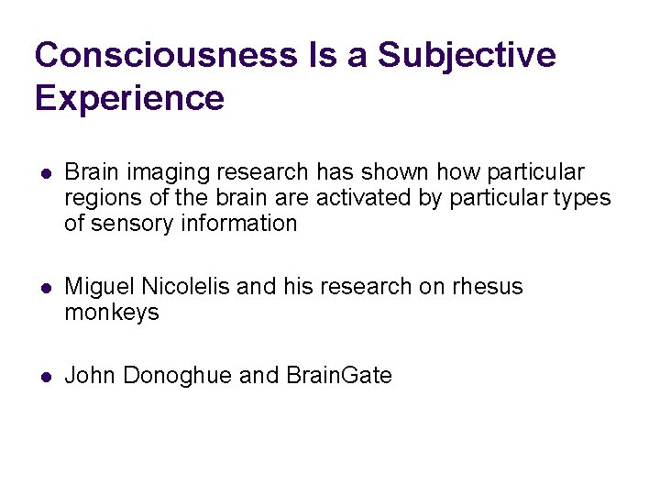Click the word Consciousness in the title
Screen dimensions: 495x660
point(166,55)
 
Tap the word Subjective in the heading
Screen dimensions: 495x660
point(467,55)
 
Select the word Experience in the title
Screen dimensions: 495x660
point(129,97)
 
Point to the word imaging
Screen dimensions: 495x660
point(160,173)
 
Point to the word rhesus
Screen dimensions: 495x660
point(488,287)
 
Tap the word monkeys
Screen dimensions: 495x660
point(112,313)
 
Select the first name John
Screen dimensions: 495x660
point(90,376)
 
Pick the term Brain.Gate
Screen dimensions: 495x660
point(339,376)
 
